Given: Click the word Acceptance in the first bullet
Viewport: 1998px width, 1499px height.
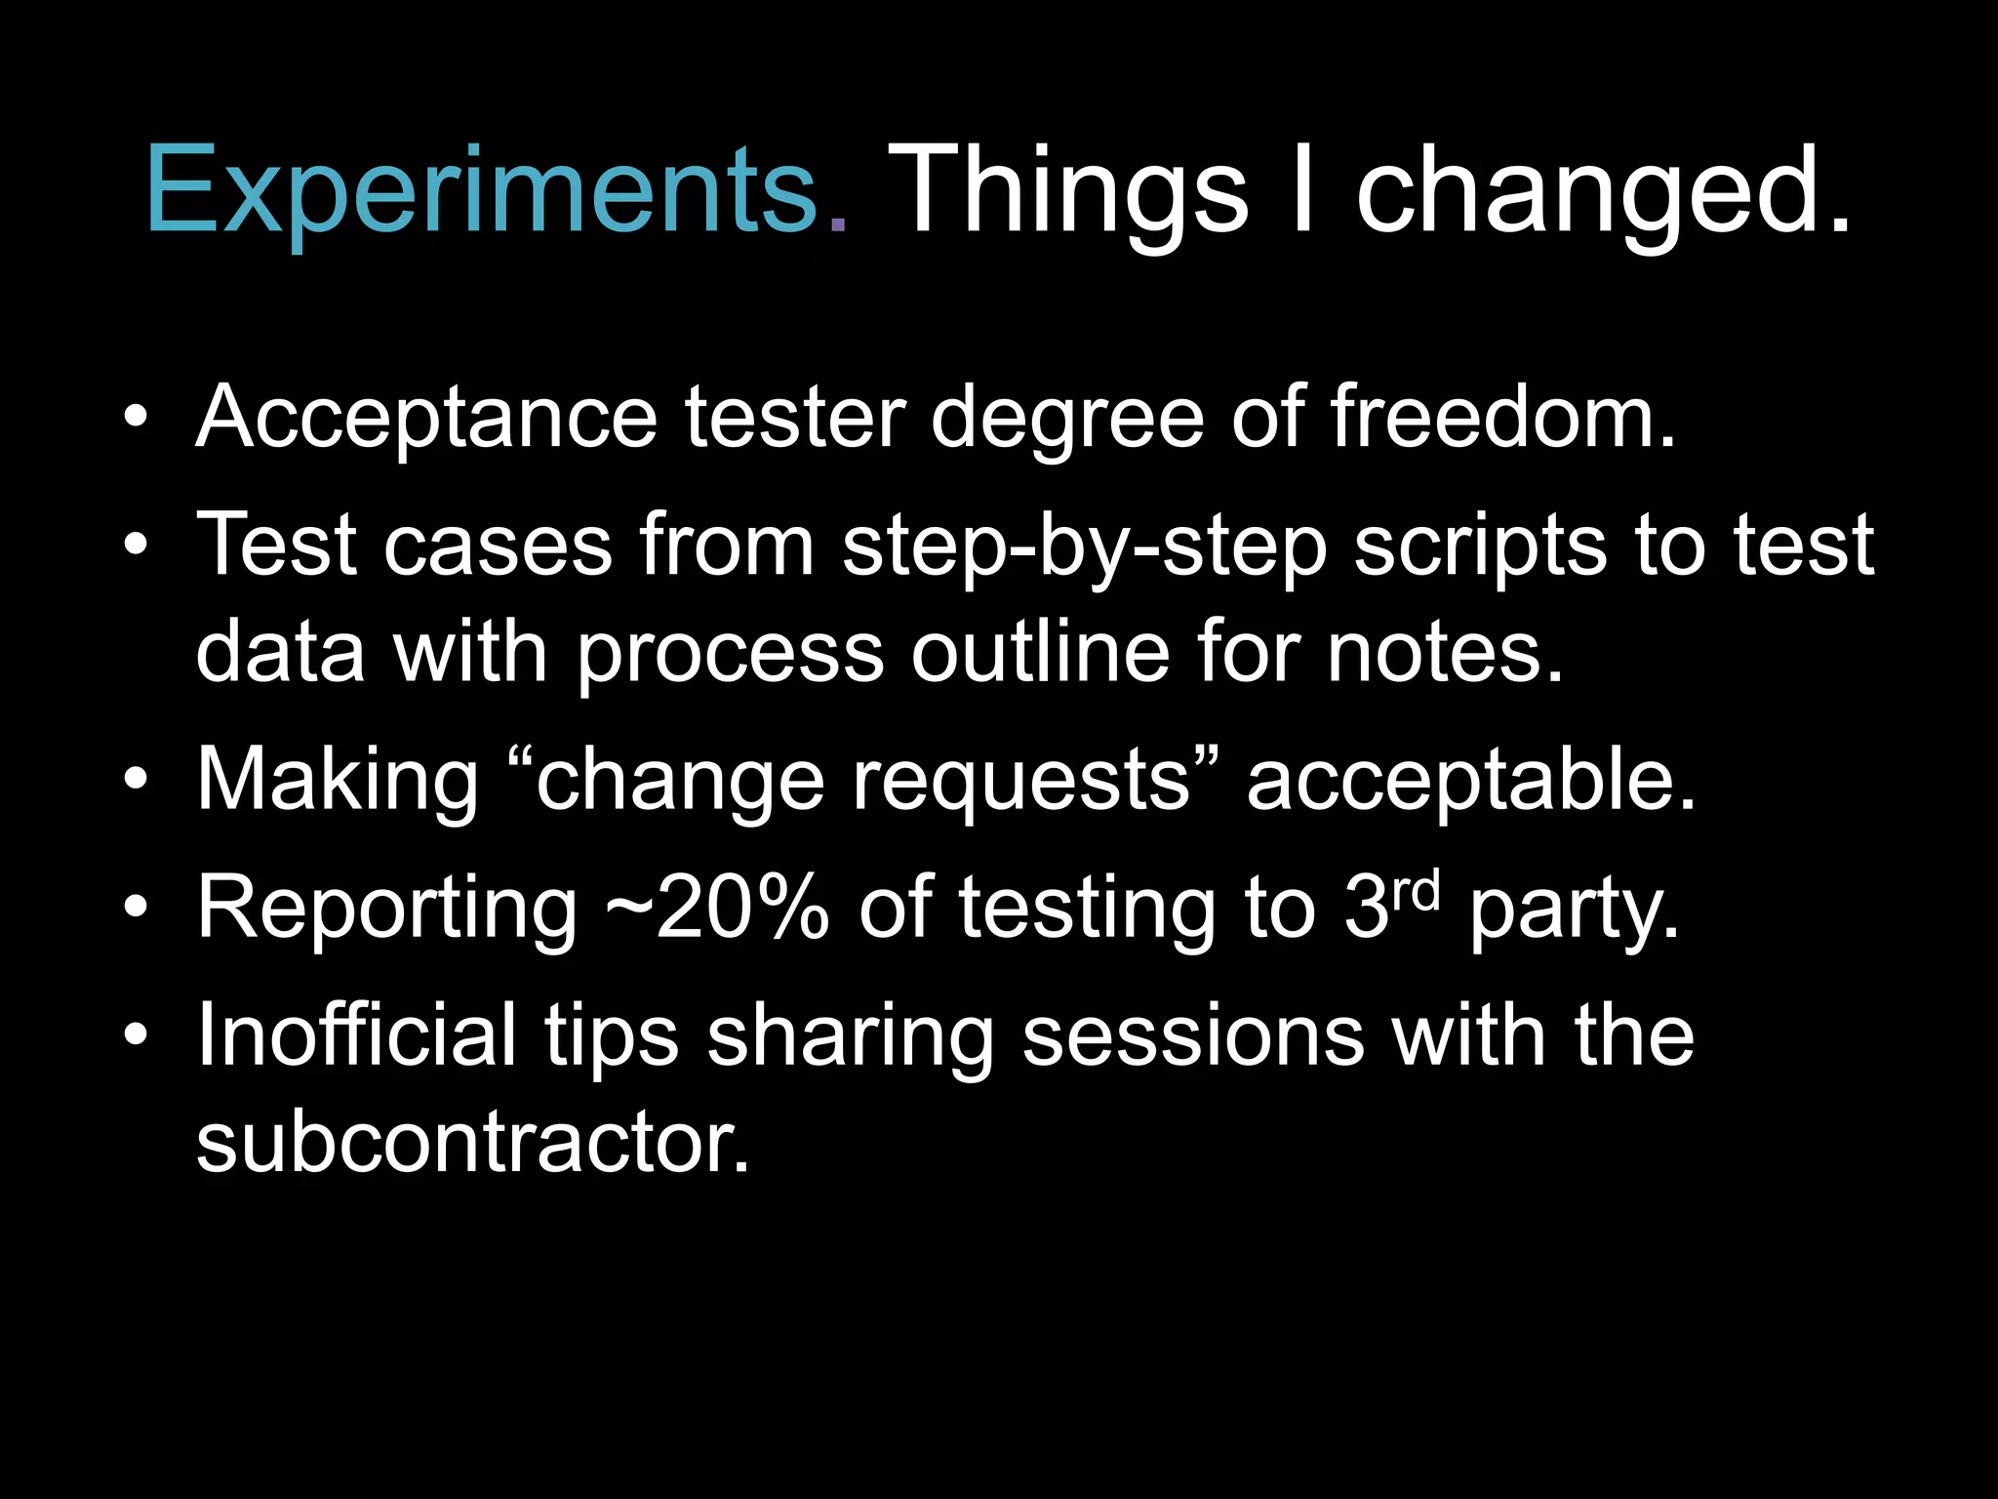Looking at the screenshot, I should (427, 418).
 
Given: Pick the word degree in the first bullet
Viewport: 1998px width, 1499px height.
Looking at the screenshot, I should (1067, 418).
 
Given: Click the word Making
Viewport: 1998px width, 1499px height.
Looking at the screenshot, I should (338, 781).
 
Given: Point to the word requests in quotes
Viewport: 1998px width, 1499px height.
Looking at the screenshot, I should (1023, 781).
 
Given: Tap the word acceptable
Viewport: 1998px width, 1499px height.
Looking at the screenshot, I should (1471, 781).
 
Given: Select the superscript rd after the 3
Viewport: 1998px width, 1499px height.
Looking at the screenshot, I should (1416, 890).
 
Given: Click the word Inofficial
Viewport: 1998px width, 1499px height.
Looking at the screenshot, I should (356, 1035).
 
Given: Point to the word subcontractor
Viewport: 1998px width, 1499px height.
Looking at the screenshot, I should (473, 1143).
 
